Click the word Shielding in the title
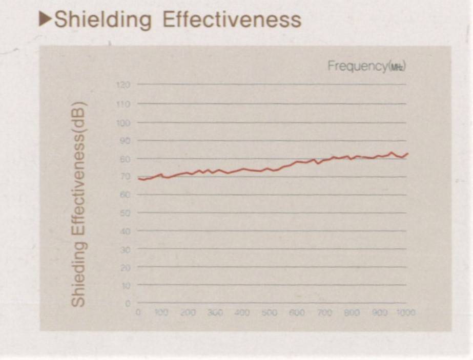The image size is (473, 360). tap(102, 20)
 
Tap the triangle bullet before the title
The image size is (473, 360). tap(46, 19)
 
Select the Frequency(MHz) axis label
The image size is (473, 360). tap(367, 66)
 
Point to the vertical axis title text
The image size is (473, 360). tap(78, 204)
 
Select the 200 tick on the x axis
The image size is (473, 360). tap(189, 312)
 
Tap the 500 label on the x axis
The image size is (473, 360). tap(270, 312)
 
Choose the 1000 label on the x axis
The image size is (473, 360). tap(405, 312)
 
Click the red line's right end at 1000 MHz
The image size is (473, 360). tap(407, 153)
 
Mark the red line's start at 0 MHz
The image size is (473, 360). tap(138, 178)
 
